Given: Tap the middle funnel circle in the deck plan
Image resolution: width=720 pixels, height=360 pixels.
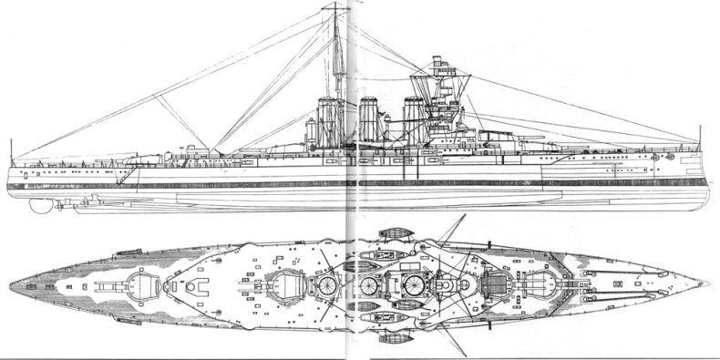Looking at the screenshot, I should pos(370,285).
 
